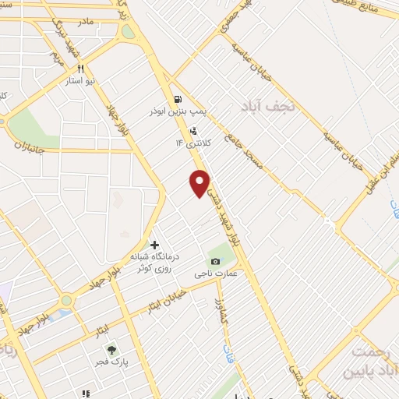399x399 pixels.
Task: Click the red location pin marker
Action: [x=200, y=182]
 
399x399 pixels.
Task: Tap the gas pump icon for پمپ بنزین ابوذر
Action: [x=179, y=99]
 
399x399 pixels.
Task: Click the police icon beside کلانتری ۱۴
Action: [x=192, y=131]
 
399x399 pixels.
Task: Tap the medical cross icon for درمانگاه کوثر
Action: [x=154, y=245]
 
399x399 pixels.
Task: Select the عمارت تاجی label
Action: [x=214, y=274]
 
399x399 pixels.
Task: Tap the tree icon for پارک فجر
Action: [x=111, y=350]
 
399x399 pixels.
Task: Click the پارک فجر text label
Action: [x=112, y=363]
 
